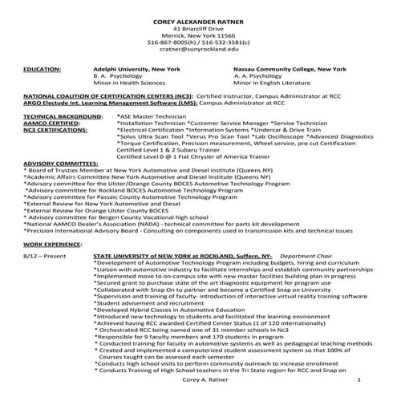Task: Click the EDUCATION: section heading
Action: coord(42,71)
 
